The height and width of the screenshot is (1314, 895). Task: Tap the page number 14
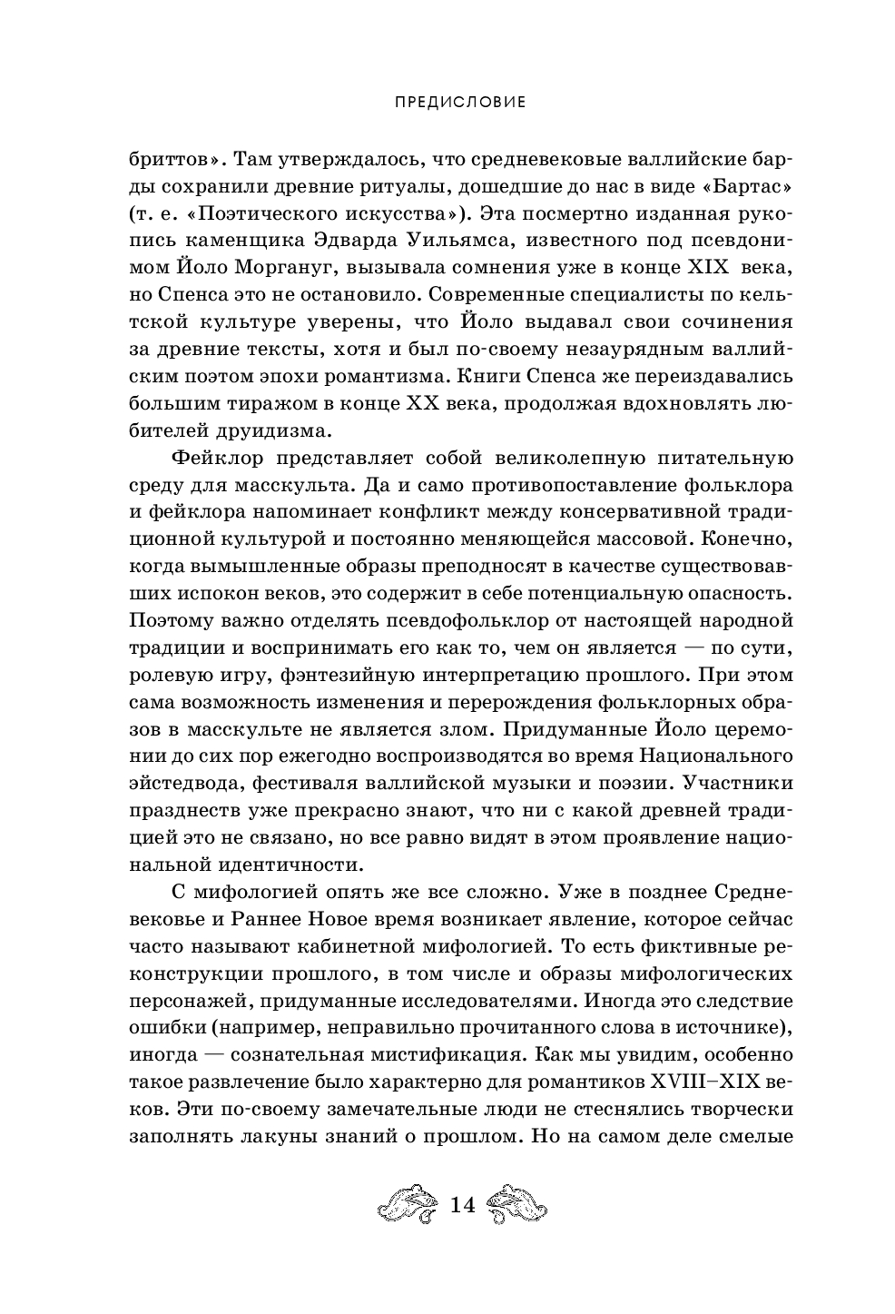coord(462,1204)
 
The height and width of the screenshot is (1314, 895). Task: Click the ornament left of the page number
coord(408,1204)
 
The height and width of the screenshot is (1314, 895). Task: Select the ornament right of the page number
coord(516,1204)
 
